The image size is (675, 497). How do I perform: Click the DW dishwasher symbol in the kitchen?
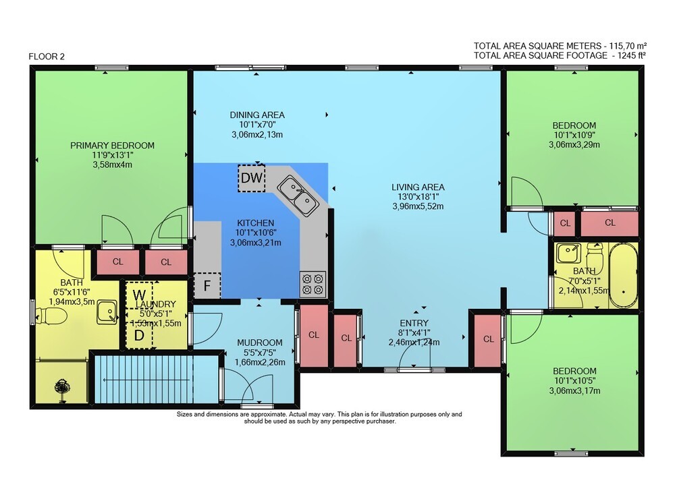pos(251,177)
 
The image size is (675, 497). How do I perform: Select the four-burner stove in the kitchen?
pos(313,284)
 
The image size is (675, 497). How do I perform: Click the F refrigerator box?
pos(207,285)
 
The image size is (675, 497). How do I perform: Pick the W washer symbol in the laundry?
pos(139,295)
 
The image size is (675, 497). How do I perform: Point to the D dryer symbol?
pos(139,335)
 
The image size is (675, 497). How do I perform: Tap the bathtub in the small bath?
pos(623,276)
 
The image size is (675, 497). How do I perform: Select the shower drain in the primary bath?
pos(61,386)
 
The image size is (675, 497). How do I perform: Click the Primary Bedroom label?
pos(112,145)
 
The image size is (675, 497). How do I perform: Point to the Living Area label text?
pos(418,187)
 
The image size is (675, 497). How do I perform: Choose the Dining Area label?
pos(257,115)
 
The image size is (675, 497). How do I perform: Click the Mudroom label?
pos(260,343)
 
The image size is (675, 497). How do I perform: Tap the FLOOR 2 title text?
pos(47,57)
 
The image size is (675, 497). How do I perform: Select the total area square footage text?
pos(560,55)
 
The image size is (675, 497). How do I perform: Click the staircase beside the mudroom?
pos(157,379)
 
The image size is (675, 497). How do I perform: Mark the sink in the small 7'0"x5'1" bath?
pos(568,253)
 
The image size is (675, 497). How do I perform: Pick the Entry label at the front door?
pos(414,323)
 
